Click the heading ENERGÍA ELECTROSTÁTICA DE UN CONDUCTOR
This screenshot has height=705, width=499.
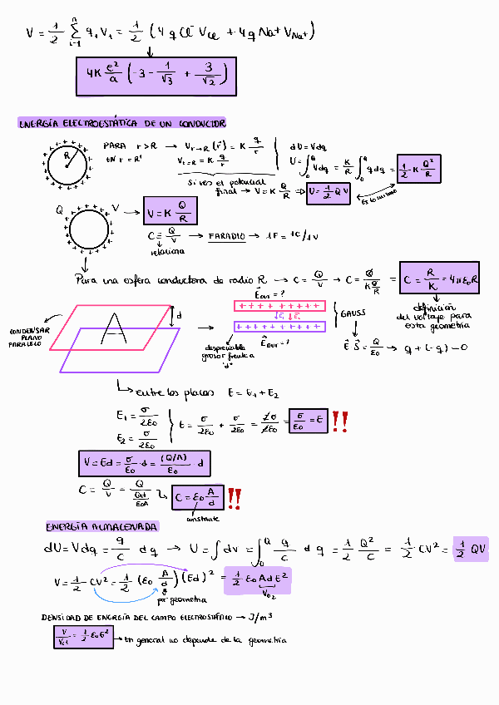pyautogui.click(x=122, y=123)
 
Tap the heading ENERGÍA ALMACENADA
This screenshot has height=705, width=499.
pyautogui.click(x=102, y=527)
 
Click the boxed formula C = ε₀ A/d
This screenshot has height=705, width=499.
pyautogui.click(x=196, y=498)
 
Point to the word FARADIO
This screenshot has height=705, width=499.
pyautogui.click(x=226, y=236)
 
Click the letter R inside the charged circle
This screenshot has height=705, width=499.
pyautogui.click(x=67, y=155)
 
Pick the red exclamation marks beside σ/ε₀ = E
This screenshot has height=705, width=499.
pyautogui.click(x=340, y=422)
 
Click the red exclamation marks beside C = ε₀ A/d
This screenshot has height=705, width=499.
pyautogui.click(x=235, y=498)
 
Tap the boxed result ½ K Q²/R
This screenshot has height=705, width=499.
pyautogui.click(x=417, y=170)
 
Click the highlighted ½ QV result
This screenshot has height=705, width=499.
pyautogui.click(x=471, y=549)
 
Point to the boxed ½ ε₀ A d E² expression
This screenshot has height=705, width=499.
pyautogui.click(x=257, y=581)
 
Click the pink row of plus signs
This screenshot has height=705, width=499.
pyautogui.click(x=278, y=305)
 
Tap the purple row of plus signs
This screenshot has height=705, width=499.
pyautogui.click(x=278, y=326)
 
